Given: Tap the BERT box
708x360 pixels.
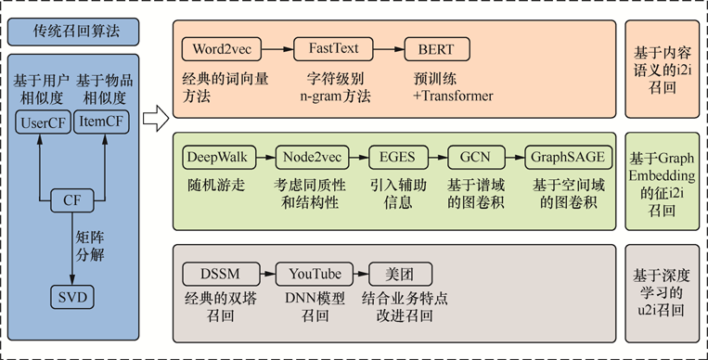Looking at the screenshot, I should coord(436,47).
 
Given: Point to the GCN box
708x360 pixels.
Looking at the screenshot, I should coord(470,156).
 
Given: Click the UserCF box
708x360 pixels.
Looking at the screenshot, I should coord(41,121).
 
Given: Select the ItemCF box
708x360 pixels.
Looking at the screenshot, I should coord(101,121).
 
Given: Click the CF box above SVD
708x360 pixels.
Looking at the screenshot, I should coord(71,199).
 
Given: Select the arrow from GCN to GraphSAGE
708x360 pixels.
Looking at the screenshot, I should coord(508,156).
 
